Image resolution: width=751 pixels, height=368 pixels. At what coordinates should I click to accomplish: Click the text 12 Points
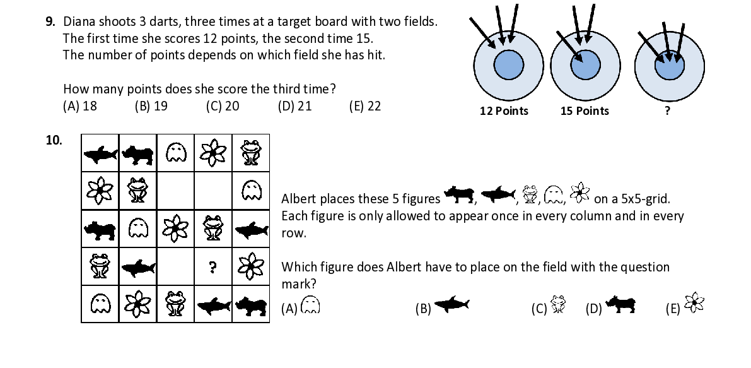(x=503, y=111)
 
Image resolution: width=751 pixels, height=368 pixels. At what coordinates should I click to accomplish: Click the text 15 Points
(x=585, y=111)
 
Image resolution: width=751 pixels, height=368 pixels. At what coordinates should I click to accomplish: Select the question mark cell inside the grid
(x=212, y=268)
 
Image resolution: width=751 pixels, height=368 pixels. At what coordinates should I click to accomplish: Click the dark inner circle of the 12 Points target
(x=509, y=65)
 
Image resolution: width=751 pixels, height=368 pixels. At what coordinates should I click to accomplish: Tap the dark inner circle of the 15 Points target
(x=585, y=65)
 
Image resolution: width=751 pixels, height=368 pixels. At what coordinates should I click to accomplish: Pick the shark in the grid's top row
(x=100, y=153)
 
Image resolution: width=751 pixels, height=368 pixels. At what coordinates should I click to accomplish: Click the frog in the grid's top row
(x=251, y=152)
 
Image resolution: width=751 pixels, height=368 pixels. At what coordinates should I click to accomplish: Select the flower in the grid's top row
(x=213, y=152)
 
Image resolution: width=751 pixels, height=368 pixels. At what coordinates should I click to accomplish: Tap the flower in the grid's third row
(x=175, y=229)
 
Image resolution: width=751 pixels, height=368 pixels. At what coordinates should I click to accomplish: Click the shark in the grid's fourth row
(x=137, y=268)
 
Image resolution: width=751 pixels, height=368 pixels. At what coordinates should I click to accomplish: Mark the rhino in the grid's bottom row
(x=251, y=306)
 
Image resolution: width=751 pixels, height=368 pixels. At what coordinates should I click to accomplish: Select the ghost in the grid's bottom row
(x=100, y=305)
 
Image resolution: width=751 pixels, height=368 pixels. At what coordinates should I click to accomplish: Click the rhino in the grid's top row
(x=137, y=153)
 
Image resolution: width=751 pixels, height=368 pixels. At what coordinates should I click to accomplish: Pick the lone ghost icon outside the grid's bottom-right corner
(x=310, y=304)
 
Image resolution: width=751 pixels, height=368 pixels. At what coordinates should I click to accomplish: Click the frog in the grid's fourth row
(x=100, y=266)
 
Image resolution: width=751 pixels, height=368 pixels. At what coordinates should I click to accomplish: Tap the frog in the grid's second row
(x=137, y=189)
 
